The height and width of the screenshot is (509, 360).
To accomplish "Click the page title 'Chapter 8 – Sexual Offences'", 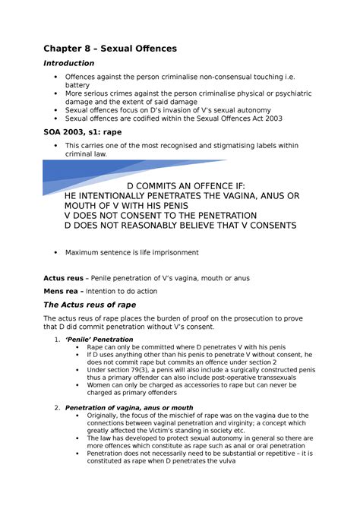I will click(x=110, y=48).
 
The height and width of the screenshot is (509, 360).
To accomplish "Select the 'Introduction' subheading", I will click(x=69, y=63).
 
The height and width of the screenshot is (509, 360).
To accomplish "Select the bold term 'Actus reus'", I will click(x=65, y=278).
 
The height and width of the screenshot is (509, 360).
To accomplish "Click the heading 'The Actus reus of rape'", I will click(x=90, y=305).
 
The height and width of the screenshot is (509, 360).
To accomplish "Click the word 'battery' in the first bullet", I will click(x=77, y=86).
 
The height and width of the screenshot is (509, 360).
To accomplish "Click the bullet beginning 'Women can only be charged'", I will click(x=190, y=388).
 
